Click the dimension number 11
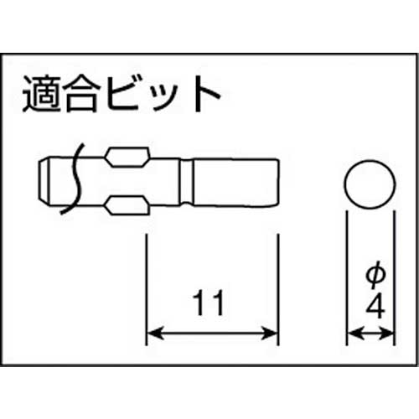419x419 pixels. coord(212,301)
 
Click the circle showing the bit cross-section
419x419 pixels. coord(369,185)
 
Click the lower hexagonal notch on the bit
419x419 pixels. coord(127,204)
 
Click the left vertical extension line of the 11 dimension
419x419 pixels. coord(147,285)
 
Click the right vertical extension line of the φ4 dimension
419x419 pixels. coord(393,277)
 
